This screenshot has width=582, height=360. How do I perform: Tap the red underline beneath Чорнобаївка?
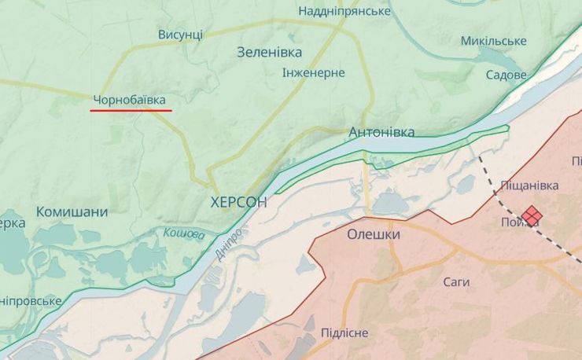pyautogui.click(x=131, y=111)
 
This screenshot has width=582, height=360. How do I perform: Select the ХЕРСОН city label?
pyautogui.click(x=239, y=202)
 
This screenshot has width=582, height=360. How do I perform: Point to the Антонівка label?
pyautogui.click(x=381, y=132)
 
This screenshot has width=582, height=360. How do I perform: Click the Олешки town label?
pyautogui.click(x=374, y=234)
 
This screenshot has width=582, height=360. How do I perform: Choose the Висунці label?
pyautogui.click(x=180, y=35)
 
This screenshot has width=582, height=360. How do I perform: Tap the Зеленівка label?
pyautogui.click(x=270, y=52)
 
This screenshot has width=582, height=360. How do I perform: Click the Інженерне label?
pyautogui.click(x=314, y=72)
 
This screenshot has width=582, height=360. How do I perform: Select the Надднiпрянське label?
pyautogui.click(x=344, y=11)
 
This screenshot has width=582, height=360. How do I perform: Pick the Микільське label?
pyautogui.click(x=493, y=40)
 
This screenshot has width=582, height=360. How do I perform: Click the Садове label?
pyautogui.click(x=506, y=75)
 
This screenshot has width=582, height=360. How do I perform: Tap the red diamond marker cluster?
pyautogui.click(x=532, y=215)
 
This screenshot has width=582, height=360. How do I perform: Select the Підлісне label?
pyautogui.click(x=344, y=332)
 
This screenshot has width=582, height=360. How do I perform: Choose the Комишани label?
pyautogui.click(x=72, y=211)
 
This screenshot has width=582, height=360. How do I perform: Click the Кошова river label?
pyautogui.click(x=184, y=233)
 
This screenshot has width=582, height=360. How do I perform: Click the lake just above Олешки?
pyautogui.click(x=389, y=204)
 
